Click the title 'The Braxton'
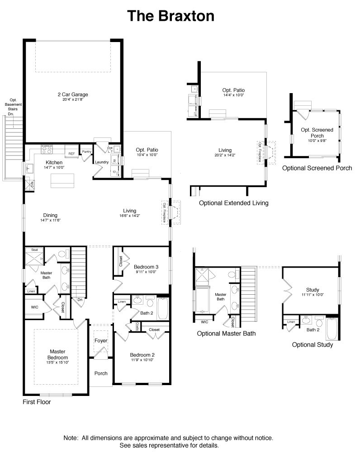point(171,16)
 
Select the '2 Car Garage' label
point(72,94)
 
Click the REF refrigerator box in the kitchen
point(71,154)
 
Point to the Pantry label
point(86,151)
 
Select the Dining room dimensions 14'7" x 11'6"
point(50,220)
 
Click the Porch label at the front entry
point(100,373)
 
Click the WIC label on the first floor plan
point(35,307)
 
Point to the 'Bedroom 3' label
point(146,267)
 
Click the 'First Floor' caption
point(37,402)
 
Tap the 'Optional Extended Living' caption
point(233,203)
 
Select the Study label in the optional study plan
point(312,290)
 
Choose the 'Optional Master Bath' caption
point(226,334)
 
